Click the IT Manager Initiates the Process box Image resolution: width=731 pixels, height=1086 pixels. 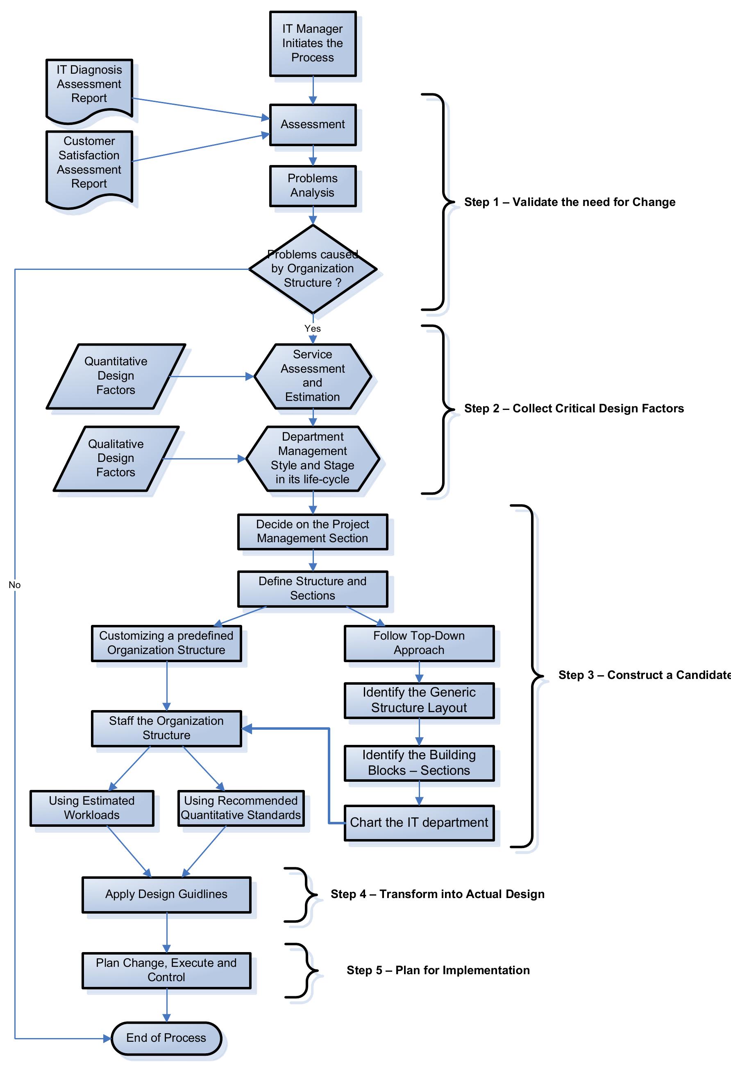(312, 43)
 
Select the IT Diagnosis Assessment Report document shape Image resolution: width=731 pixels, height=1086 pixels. (89, 86)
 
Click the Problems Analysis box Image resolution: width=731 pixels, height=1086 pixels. (312, 186)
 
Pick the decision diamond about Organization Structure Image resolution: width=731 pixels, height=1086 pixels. (312, 269)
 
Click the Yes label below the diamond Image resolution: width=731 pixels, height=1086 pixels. (312, 328)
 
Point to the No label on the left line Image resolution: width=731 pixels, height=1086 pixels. (14, 585)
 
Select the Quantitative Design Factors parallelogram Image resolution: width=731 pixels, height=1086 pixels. (116, 376)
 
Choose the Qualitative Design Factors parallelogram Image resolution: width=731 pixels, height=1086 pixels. (116, 459)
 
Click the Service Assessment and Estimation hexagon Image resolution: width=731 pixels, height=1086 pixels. (312, 376)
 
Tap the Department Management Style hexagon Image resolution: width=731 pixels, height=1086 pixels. (312, 459)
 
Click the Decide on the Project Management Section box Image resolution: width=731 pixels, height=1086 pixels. (312, 532)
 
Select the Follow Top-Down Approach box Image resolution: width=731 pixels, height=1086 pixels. (419, 643)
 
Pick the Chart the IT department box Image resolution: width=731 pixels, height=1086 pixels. (419, 823)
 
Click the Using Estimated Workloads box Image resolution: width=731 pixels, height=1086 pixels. (92, 808)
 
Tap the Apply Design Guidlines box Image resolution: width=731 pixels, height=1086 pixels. (166, 894)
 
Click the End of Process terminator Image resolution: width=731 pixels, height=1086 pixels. (166, 1038)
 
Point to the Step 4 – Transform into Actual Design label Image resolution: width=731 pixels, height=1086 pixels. (437, 894)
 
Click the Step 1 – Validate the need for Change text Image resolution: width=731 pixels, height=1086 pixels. (569, 202)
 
